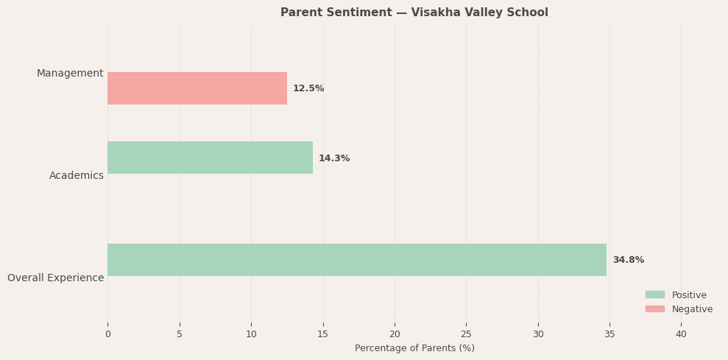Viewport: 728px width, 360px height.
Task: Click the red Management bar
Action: pos(197,88)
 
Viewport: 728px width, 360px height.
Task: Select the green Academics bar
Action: pos(210,158)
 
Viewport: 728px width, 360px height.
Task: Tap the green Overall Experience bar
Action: pos(357,260)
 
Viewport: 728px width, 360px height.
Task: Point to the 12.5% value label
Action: pos(308,88)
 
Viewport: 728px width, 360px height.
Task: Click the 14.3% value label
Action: pos(334,158)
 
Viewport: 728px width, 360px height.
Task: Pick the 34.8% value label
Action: pos(628,260)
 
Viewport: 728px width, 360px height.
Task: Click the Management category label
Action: pos(70,74)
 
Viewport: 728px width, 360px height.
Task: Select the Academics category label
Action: pos(77,175)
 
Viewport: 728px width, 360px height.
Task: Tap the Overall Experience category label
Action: pos(56,278)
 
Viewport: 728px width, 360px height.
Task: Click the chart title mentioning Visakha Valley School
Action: pos(414,13)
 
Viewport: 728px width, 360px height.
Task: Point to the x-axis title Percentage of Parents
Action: pos(414,348)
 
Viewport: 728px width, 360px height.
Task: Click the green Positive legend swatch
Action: pos(655,294)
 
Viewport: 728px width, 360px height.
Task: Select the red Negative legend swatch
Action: pos(655,309)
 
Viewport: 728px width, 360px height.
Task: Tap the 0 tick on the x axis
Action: pos(107,334)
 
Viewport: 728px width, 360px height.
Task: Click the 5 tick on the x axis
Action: pos(180,334)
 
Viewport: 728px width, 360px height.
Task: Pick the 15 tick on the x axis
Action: pos(322,334)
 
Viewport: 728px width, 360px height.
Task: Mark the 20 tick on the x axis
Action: pos(395,334)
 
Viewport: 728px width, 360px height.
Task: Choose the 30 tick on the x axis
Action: pos(538,334)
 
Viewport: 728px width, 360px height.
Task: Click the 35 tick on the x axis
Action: pos(609,334)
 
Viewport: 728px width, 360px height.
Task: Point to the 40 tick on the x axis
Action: pos(681,334)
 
